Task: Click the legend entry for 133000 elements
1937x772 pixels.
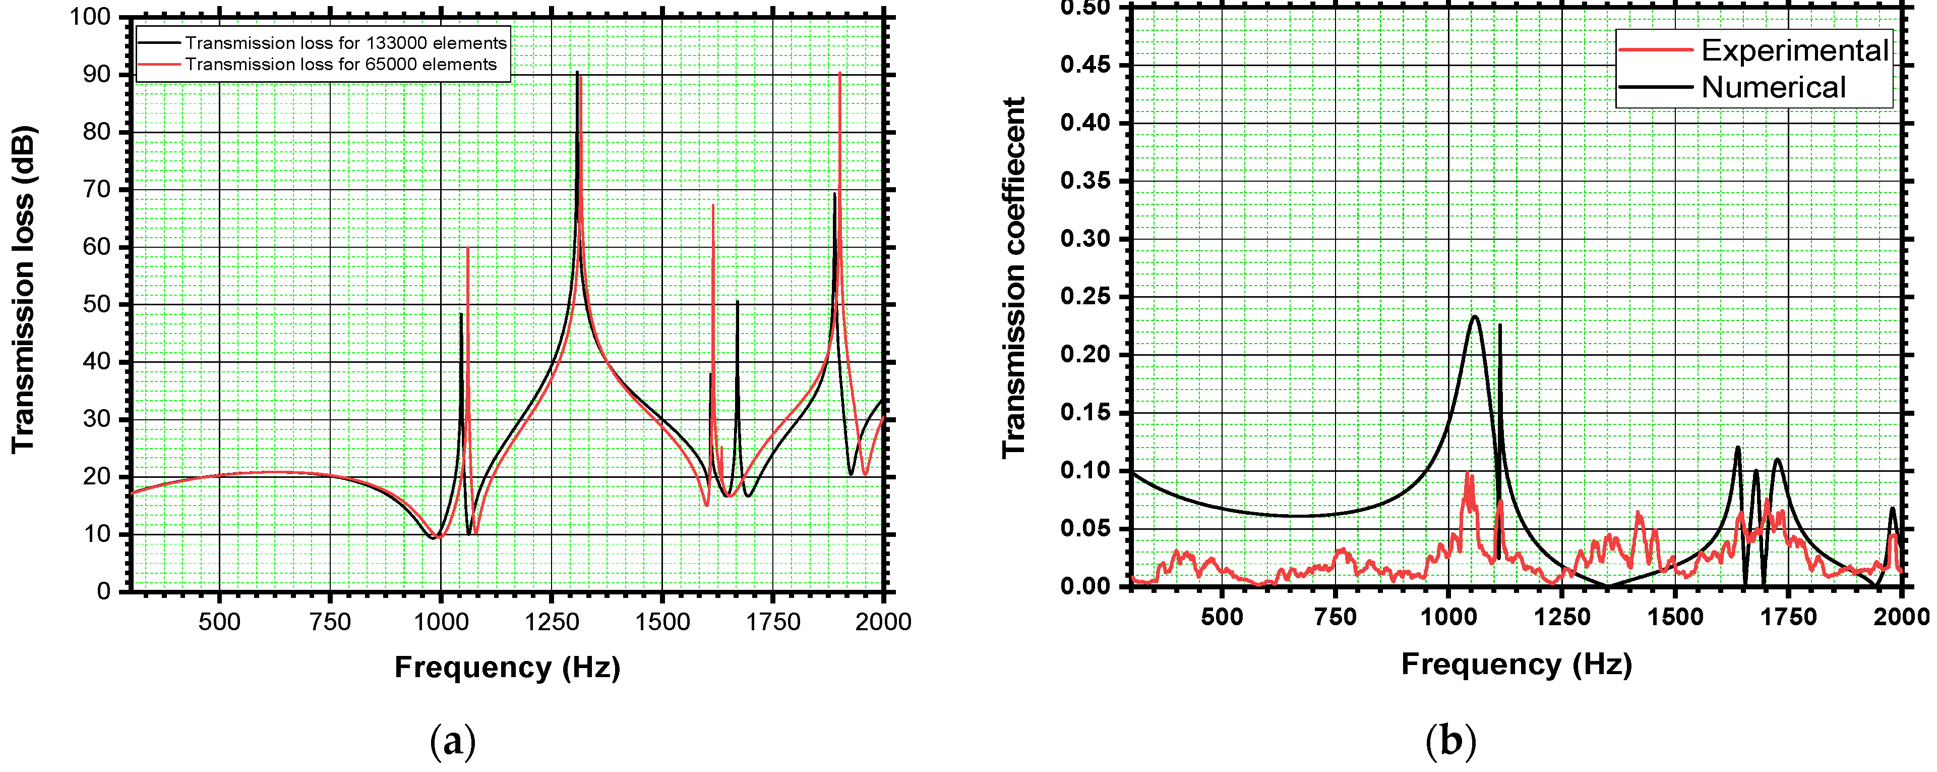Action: coord(346,43)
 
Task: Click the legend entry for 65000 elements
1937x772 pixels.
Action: coord(341,65)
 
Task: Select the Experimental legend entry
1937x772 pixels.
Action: coord(1794,50)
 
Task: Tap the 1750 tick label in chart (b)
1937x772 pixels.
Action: coord(1789,618)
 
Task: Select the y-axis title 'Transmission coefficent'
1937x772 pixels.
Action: coord(1013,277)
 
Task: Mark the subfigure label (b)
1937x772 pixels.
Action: coord(1450,741)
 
